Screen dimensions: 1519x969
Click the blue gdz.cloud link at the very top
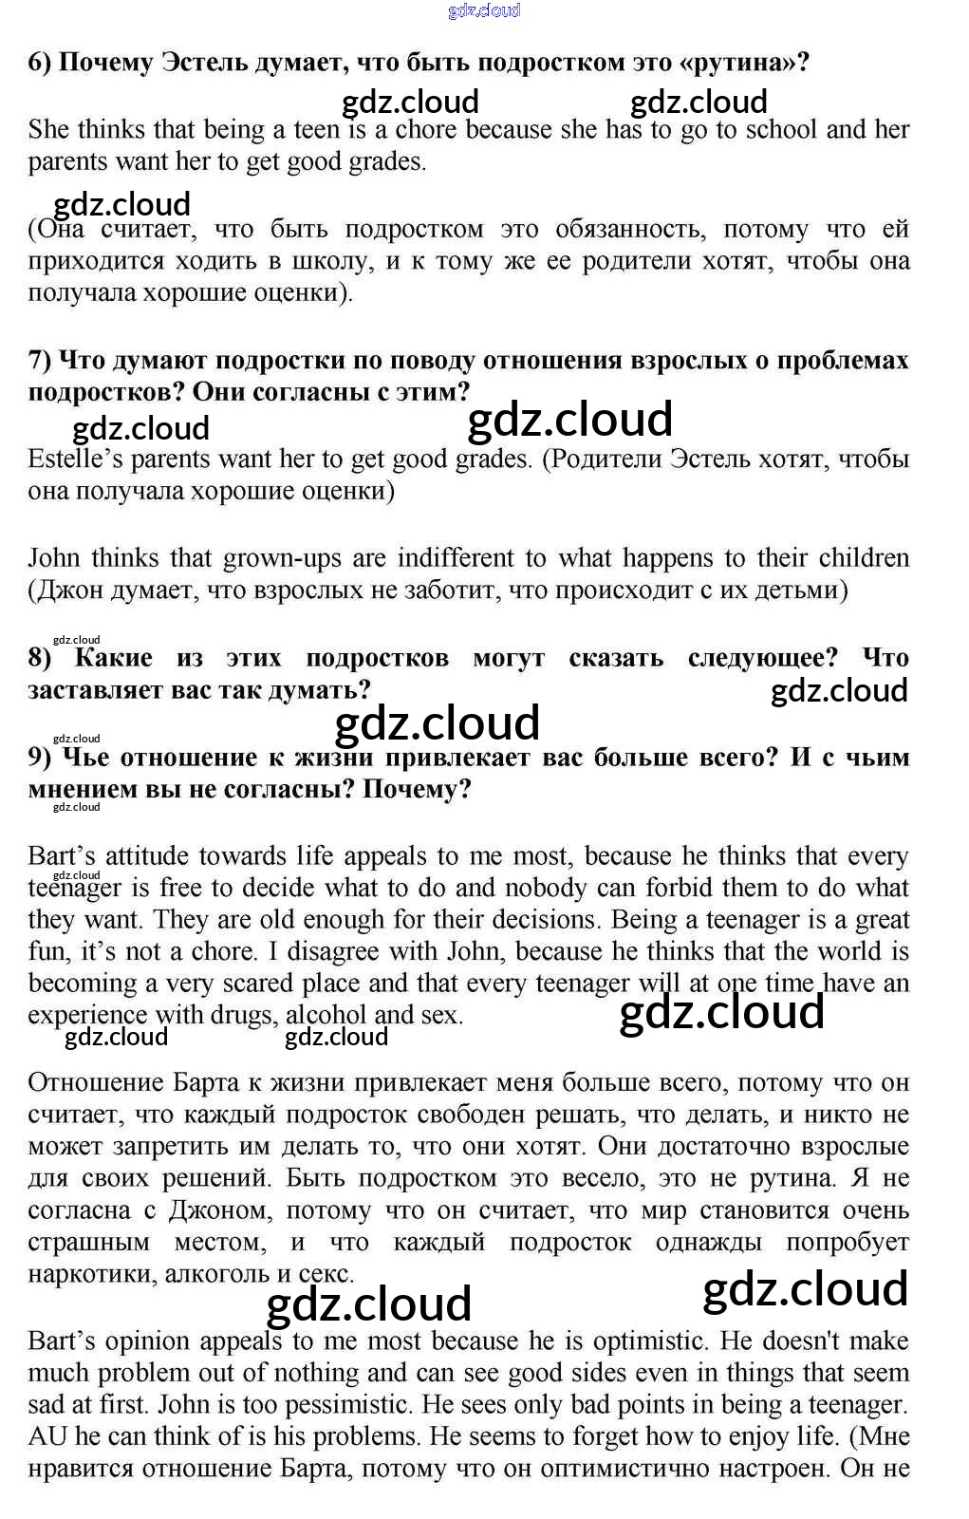tap(484, 10)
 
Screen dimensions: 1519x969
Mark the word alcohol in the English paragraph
tap(326, 1015)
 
